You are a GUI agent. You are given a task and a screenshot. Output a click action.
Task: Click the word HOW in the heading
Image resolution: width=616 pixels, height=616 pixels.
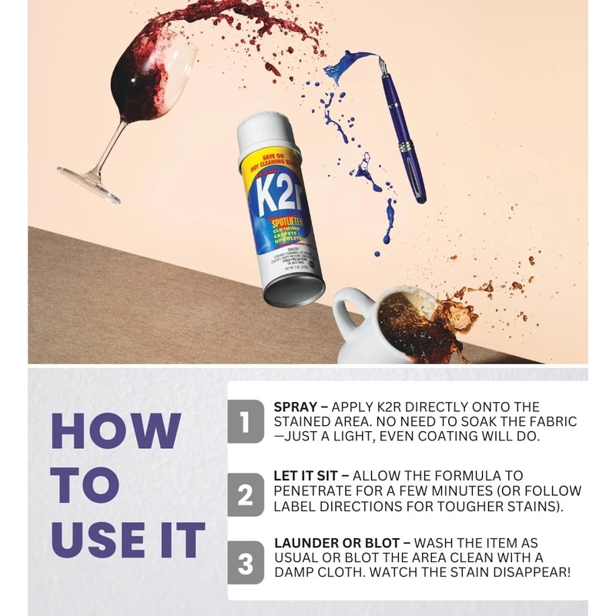click(x=116, y=431)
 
